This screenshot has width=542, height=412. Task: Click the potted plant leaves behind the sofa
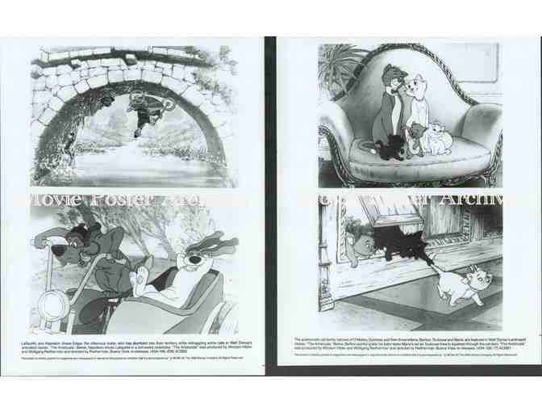(339, 65)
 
